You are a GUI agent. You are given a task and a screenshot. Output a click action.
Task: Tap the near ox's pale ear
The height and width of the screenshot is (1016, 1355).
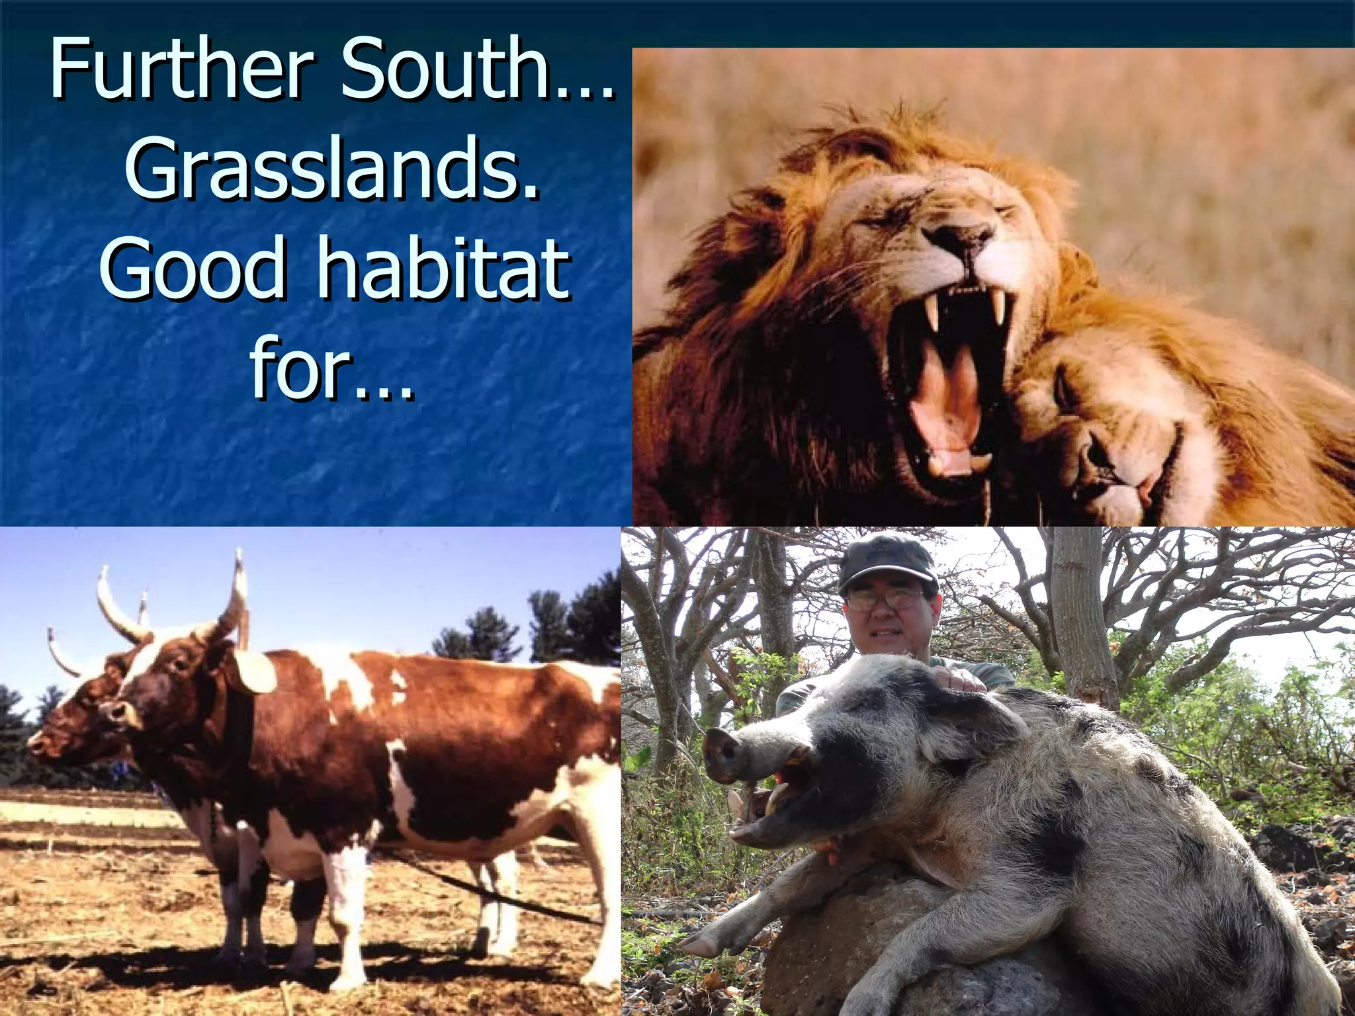pos(255,671)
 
